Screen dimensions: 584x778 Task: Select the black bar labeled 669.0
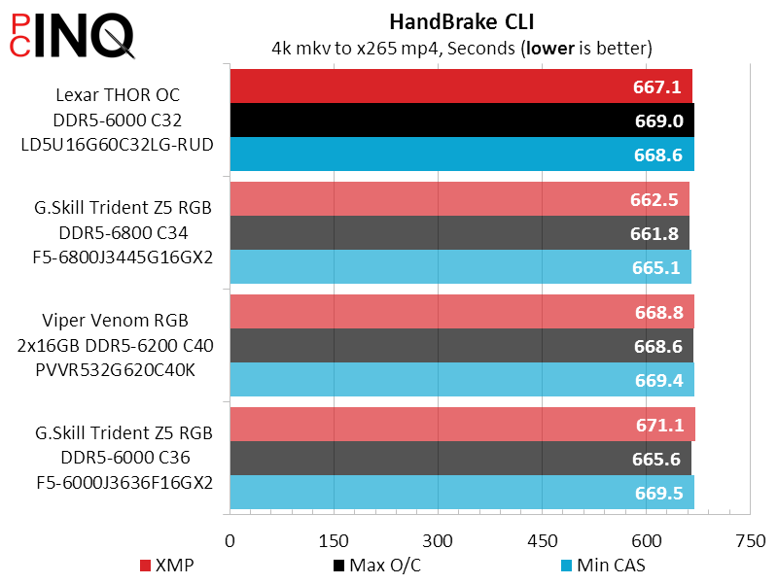(x=462, y=120)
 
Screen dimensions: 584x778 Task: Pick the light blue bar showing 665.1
(x=460, y=267)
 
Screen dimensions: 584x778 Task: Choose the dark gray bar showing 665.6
(x=460, y=459)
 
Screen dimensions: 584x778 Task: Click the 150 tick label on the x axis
(x=334, y=541)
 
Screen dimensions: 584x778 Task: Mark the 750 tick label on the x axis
(x=750, y=541)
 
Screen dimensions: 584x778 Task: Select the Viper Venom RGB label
(x=115, y=321)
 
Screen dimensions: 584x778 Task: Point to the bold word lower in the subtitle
(x=550, y=48)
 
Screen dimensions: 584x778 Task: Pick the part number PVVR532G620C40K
(x=115, y=369)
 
